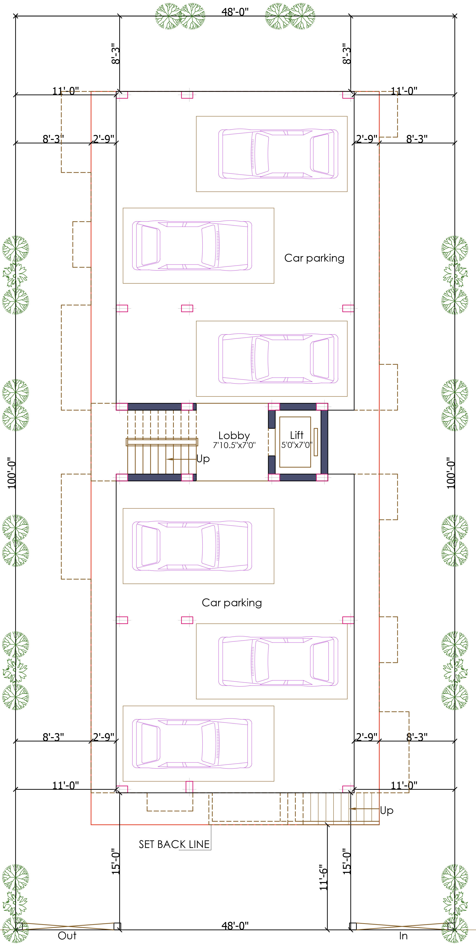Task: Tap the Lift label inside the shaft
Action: click(297, 435)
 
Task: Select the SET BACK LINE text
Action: click(174, 844)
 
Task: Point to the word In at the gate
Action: click(403, 936)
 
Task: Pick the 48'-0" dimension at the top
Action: click(235, 12)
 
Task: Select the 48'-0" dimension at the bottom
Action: click(235, 926)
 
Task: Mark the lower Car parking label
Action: click(232, 602)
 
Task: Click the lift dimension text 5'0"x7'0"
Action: click(297, 445)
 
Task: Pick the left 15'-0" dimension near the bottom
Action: click(116, 861)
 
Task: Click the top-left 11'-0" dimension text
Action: click(66, 91)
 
